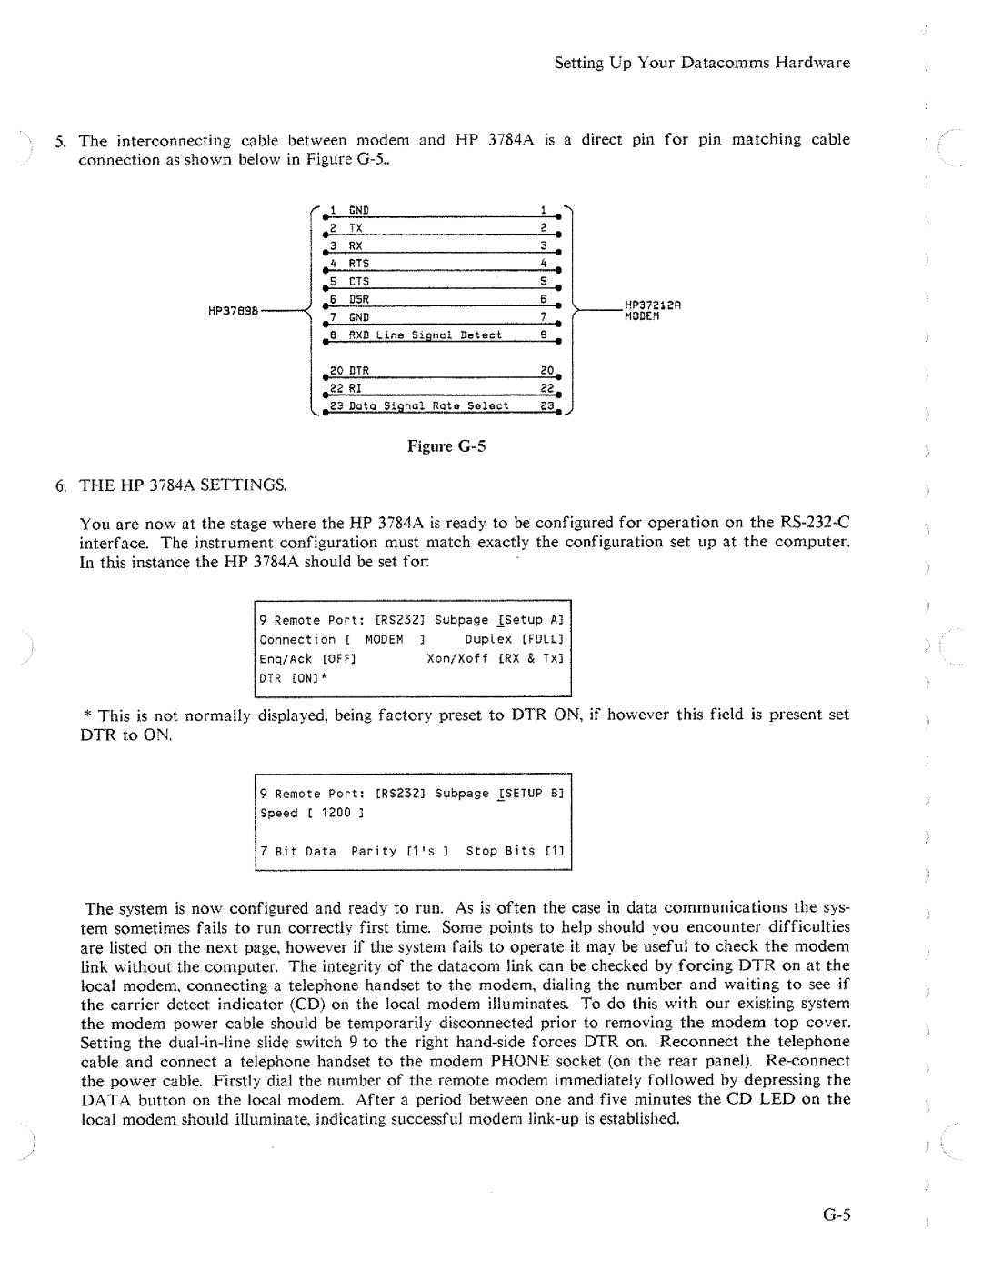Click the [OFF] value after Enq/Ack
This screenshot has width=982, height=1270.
(x=336, y=658)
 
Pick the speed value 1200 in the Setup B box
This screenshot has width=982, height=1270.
(x=336, y=813)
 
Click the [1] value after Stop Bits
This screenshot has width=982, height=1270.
(x=554, y=851)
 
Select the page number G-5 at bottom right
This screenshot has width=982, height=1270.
(x=832, y=1215)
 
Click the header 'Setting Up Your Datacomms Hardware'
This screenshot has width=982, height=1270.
(x=702, y=63)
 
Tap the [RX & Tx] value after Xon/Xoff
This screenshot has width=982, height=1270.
(x=530, y=658)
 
